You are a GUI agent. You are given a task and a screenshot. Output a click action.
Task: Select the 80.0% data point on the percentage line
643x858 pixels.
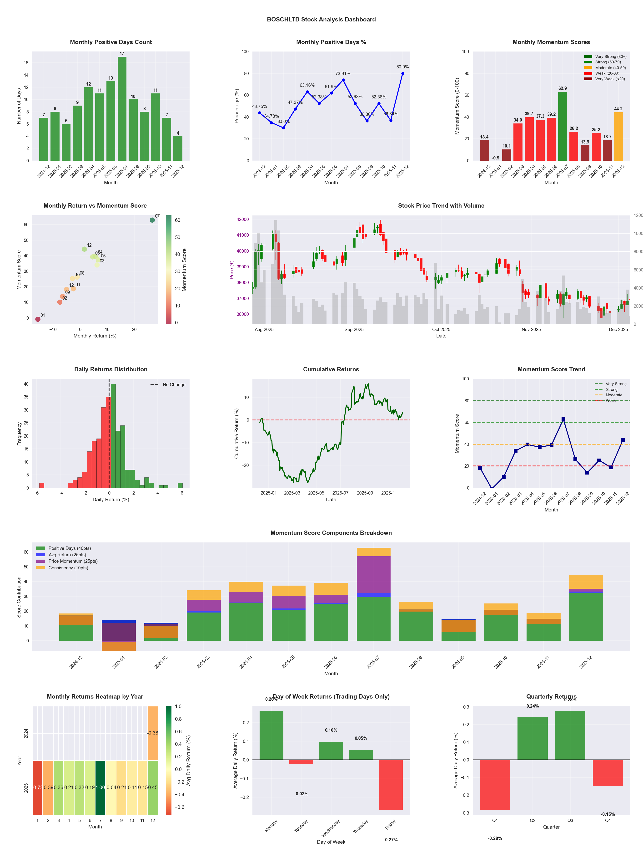pos(403,73)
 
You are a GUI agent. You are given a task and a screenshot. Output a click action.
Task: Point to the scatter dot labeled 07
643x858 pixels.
pos(152,220)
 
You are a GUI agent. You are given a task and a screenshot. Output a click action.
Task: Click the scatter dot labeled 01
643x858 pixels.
pos(38,319)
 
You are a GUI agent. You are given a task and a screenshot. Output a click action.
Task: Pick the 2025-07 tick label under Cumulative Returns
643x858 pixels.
pos(340,493)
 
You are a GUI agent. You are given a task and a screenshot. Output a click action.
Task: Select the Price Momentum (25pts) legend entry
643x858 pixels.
pos(73,561)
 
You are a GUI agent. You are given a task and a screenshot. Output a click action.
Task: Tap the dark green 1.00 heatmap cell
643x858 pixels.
pos(100,787)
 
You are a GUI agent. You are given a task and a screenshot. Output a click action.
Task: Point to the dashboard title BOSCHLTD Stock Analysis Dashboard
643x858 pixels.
pos(321,19)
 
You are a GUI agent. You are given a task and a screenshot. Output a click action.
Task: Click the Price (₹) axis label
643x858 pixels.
pos(232,270)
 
